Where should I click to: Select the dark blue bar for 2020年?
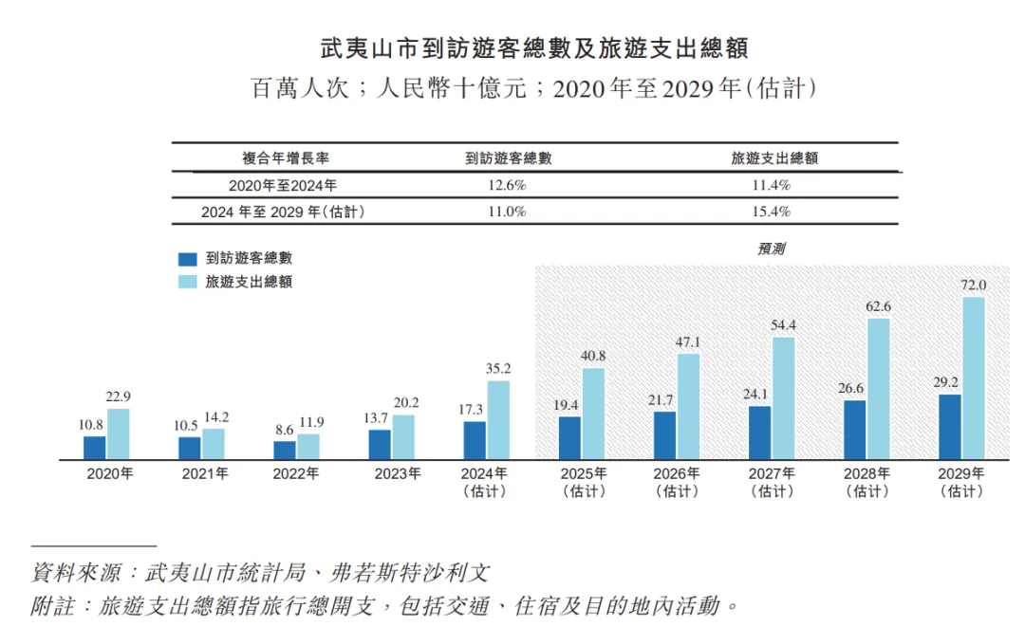[94, 448]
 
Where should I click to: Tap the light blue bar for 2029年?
[974, 378]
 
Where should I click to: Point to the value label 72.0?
[974, 285]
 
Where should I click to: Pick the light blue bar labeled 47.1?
[688, 407]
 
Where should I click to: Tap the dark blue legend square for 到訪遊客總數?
[188, 258]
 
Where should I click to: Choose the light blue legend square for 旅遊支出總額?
[188, 282]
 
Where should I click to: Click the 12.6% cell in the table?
[507, 186]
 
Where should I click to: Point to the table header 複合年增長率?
[286, 158]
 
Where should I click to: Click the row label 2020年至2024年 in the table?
[283, 186]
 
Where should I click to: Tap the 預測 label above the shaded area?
[771, 249]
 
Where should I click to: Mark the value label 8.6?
[284, 430]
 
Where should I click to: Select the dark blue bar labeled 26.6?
[854, 430]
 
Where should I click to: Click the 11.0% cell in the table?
[507, 212]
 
